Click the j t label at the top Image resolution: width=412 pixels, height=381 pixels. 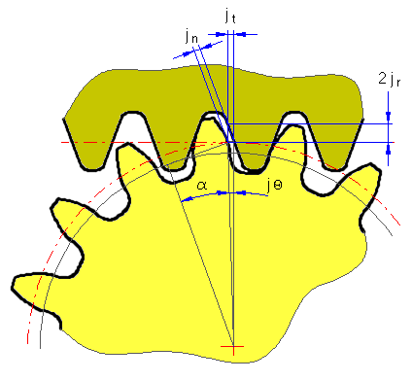point(230,17)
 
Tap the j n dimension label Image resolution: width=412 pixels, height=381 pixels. point(191,36)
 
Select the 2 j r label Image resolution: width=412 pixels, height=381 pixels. point(390,79)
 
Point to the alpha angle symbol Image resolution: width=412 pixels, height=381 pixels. point(202,186)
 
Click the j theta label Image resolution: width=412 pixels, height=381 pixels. point(274,186)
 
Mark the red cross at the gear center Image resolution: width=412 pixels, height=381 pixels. point(233,347)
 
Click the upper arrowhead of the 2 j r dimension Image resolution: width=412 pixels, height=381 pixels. point(388,117)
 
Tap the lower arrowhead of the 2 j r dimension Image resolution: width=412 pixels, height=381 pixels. point(388,149)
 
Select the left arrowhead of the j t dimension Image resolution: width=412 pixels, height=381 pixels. point(221,34)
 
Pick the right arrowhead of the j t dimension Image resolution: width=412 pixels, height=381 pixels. point(240,34)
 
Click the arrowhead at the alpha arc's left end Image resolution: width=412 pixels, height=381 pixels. point(186,199)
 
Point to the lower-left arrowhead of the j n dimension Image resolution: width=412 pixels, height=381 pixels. point(188,52)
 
